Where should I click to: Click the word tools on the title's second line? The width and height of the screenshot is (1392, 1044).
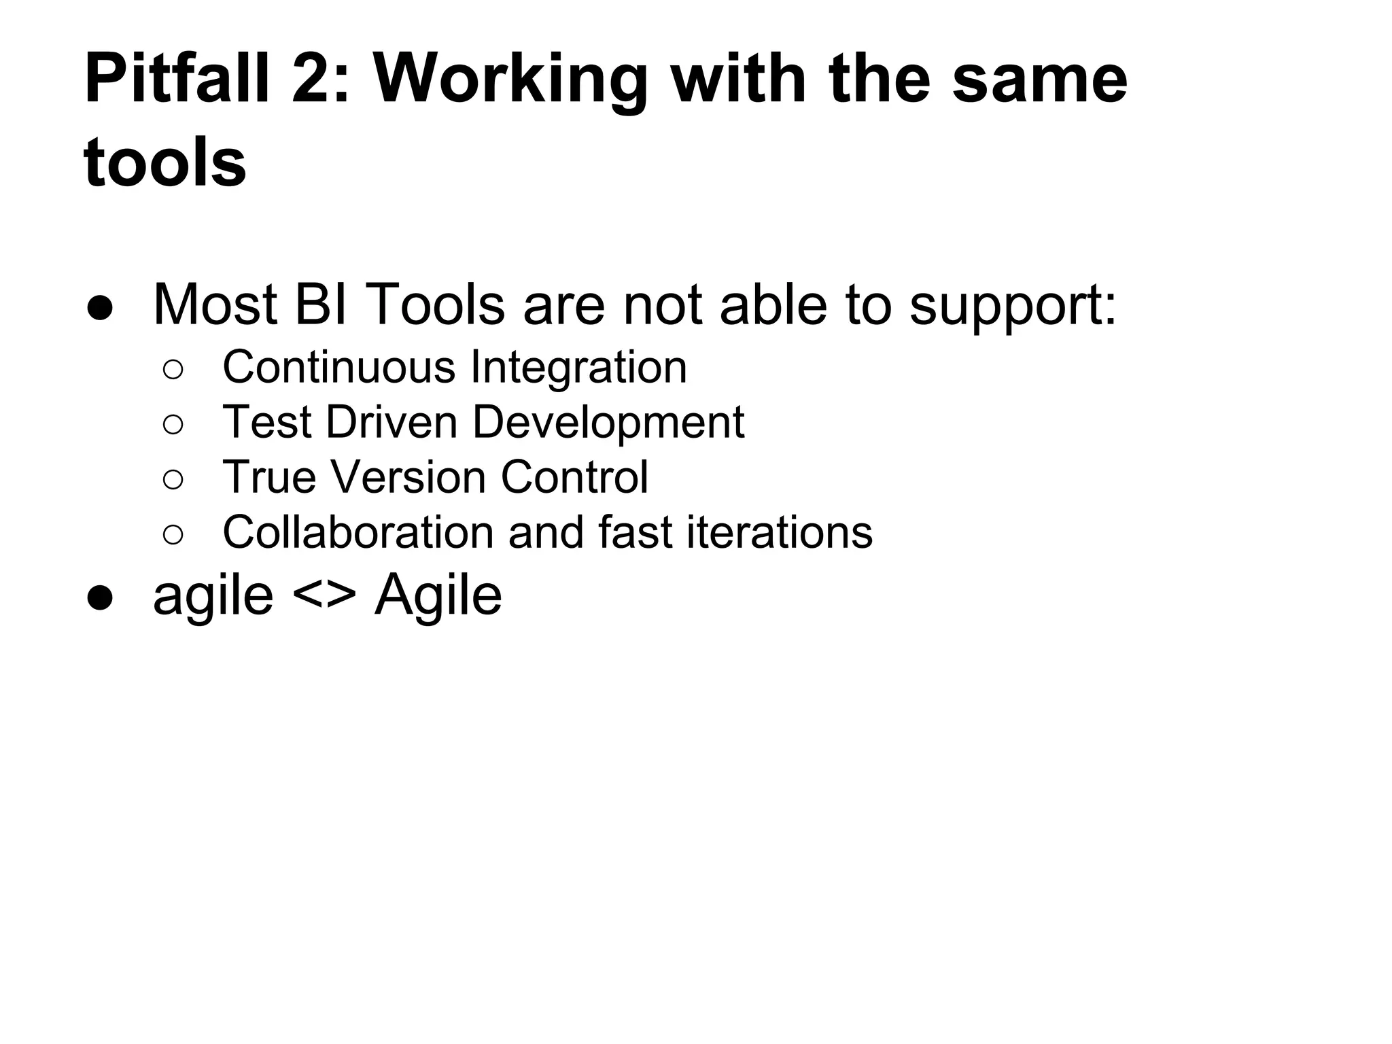[164, 162]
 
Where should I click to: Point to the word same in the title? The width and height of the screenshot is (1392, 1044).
[1039, 80]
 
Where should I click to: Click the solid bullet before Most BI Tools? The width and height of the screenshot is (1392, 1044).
[100, 308]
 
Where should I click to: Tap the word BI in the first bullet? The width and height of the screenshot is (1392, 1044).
[322, 304]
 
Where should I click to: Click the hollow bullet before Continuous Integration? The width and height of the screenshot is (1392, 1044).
[173, 370]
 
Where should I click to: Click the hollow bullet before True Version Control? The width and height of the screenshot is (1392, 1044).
[173, 479]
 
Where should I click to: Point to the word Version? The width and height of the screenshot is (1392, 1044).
[407, 477]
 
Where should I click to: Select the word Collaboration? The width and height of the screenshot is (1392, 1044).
[358, 532]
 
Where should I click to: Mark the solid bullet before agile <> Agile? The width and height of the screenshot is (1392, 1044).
[100, 598]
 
